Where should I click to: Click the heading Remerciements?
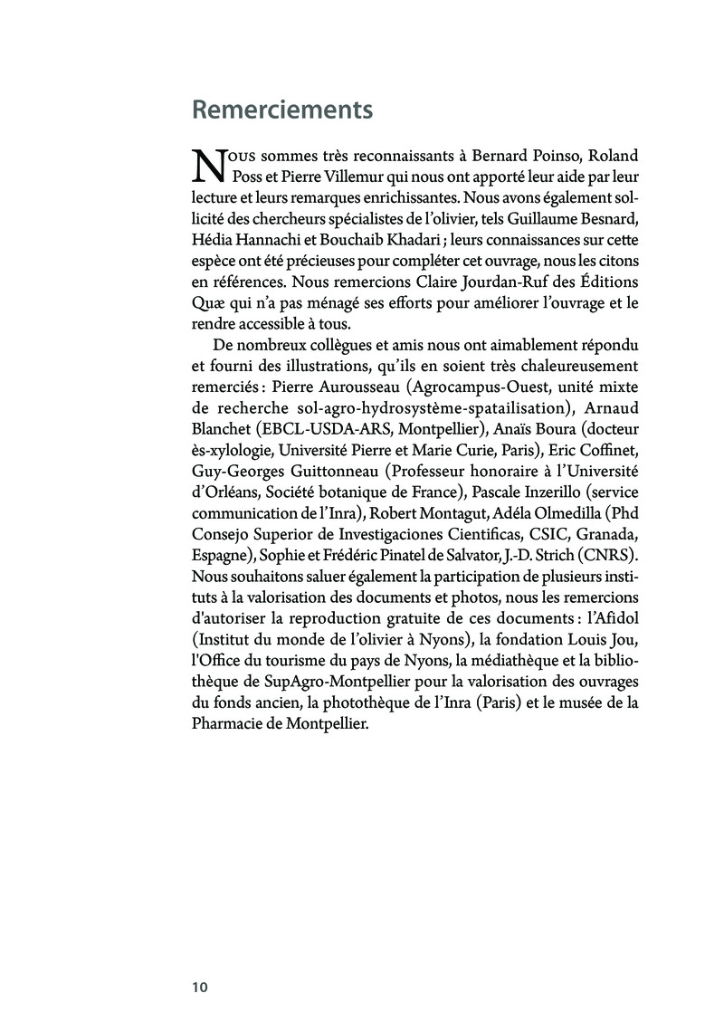click(x=282, y=110)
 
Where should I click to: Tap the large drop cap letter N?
click(x=209, y=165)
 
